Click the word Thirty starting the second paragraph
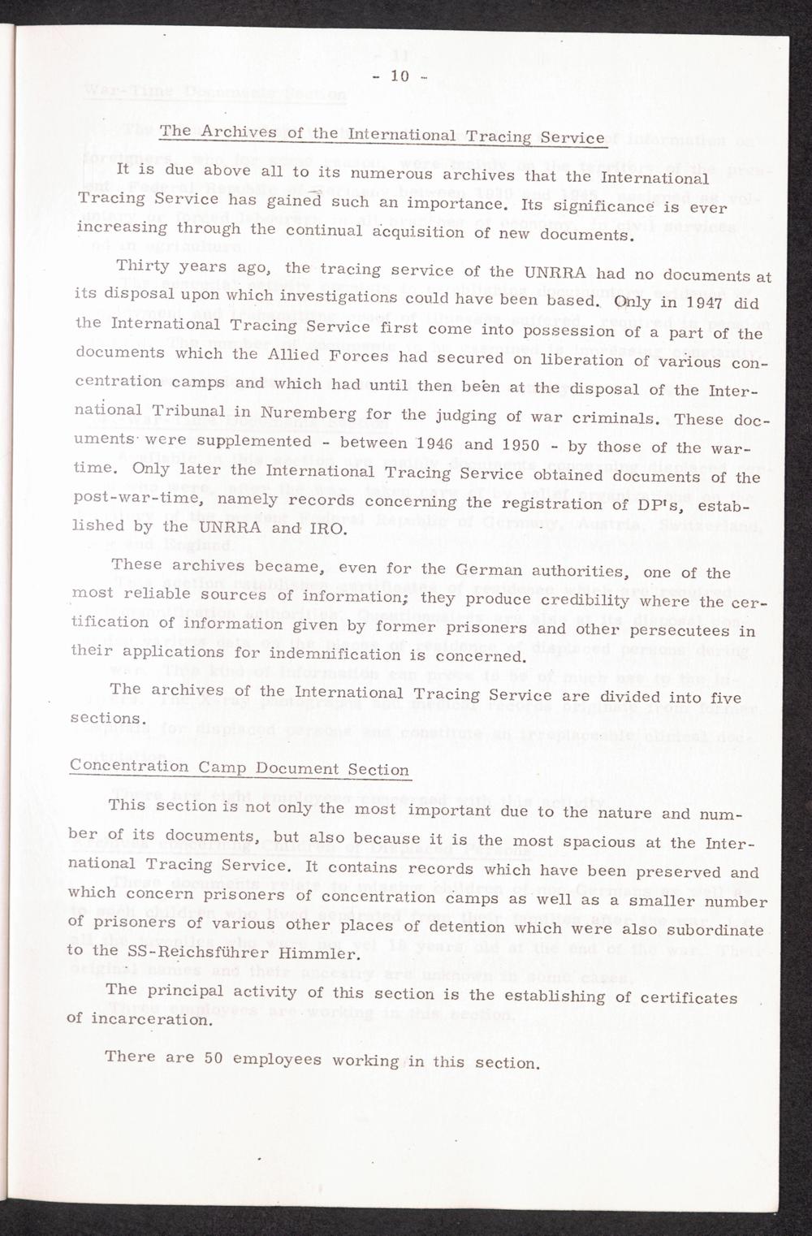(143, 266)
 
